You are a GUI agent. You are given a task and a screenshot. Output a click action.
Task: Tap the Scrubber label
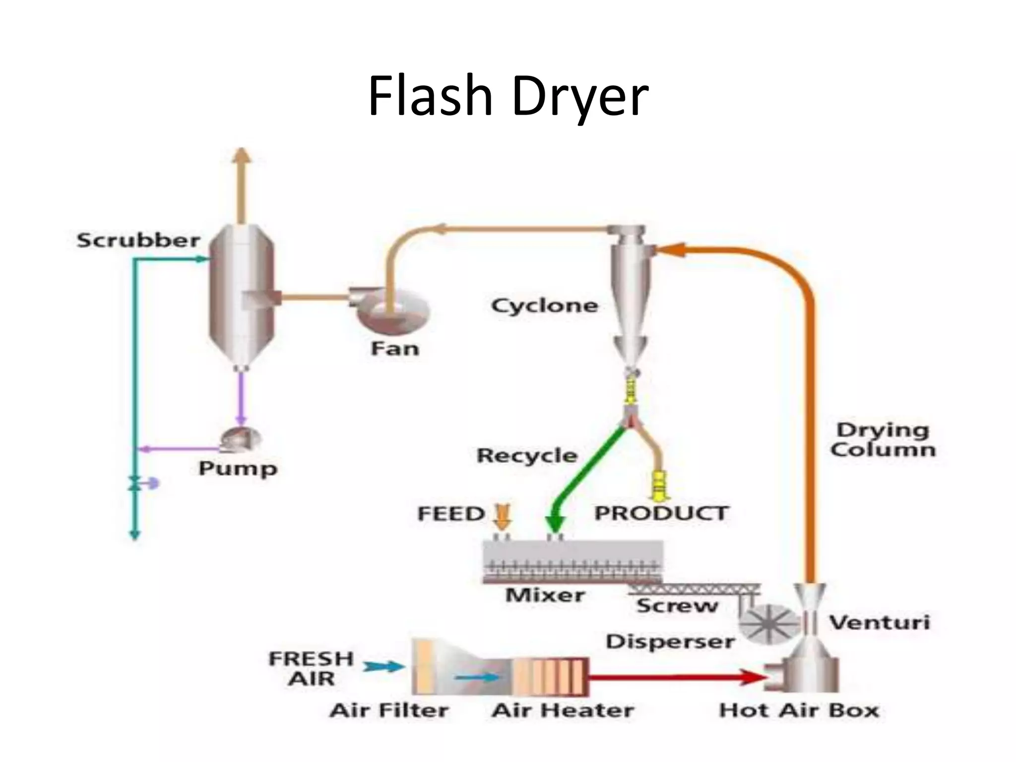pos(138,241)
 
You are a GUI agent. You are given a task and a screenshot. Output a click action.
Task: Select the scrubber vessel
pos(242,298)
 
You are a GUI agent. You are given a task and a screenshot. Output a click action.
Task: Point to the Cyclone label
pos(544,306)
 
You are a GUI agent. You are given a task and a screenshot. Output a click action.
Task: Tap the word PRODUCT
pos(661,513)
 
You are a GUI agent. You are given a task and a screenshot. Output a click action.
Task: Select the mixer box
pos(572,561)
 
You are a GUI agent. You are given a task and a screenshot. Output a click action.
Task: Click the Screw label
pos(677,606)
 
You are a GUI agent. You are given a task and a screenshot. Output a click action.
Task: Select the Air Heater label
pos(563,710)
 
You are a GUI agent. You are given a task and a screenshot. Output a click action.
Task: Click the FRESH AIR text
pos(311,668)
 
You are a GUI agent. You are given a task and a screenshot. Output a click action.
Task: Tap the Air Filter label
pos(389,710)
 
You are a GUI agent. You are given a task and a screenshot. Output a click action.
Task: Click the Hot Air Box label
pos(799,710)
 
